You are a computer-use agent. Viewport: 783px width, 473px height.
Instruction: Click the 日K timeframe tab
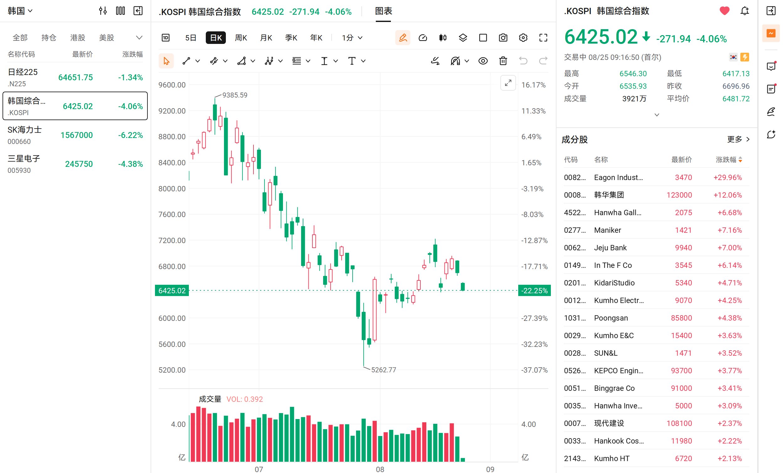click(x=216, y=38)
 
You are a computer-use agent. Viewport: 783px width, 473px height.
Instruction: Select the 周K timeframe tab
click(x=241, y=38)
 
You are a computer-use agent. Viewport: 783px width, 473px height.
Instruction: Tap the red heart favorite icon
click(x=724, y=11)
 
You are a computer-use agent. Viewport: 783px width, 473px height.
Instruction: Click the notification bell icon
click(x=744, y=11)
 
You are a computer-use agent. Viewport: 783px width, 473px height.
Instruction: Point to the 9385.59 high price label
click(x=235, y=95)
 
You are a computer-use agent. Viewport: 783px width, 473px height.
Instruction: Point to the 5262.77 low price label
click(x=384, y=370)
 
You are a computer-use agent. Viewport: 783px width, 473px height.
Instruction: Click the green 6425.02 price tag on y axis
click(x=172, y=290)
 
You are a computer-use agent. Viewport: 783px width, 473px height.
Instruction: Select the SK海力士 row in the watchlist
click(x=75, y=135)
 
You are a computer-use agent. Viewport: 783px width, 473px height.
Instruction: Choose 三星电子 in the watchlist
click(x=75, y=164)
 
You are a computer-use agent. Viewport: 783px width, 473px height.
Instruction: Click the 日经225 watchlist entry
click(x=75, y=77)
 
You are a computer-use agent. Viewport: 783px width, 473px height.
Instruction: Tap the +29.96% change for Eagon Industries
click(x=727, y=177)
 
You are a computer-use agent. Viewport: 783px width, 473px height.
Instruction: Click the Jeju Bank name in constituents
click(x=610, y=247)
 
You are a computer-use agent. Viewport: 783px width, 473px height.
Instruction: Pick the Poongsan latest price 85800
click(x=681, y=318)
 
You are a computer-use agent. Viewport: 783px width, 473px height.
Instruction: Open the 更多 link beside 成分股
click(x=738, y=139)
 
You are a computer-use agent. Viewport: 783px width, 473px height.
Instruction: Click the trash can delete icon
click(x=503, y=61)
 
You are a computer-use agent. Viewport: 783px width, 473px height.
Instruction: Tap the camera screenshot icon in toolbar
click(x=503, y=38)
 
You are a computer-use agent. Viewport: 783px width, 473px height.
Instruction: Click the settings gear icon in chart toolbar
click(x=523, y=38)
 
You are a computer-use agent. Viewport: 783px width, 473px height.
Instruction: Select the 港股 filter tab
click(x=77, y=38)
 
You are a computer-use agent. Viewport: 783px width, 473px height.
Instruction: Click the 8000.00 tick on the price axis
click(x=172, y=189)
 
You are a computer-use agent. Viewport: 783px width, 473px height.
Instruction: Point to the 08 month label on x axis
click(x=380, y=469)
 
